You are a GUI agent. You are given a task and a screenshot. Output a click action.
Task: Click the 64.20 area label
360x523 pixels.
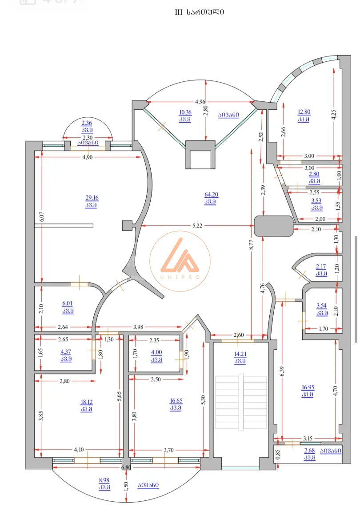[211, 195]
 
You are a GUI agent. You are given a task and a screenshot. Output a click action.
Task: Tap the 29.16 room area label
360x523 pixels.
[92, 198]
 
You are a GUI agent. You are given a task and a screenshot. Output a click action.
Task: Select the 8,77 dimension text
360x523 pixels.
[252, 244]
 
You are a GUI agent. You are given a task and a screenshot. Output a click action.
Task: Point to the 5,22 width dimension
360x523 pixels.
[197, 225]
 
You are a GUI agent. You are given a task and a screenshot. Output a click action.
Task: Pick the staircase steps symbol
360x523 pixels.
[241, 402]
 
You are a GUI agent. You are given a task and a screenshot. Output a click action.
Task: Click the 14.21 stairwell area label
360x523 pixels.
[240, 354]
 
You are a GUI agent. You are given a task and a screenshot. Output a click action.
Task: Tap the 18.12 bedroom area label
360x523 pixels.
[86, 402]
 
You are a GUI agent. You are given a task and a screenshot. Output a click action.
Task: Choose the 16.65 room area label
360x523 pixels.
[176, 401]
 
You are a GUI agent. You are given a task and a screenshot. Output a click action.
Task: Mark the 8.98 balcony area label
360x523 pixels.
[104, 480]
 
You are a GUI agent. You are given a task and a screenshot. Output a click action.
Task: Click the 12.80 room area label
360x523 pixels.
[304, 112]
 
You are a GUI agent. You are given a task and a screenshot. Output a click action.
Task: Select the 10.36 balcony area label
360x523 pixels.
[185, 112]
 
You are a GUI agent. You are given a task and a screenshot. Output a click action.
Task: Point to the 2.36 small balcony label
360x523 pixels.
[87, 123]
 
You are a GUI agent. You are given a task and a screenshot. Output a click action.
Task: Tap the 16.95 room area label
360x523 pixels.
[308, 387]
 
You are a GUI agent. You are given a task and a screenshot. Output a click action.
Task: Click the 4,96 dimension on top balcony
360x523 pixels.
[200, 101]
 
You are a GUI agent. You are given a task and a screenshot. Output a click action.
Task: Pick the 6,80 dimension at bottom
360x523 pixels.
[126, 467]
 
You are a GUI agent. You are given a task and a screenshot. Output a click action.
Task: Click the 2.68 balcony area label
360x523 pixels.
[309, 451]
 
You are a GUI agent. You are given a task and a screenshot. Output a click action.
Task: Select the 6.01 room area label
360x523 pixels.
[68, 303]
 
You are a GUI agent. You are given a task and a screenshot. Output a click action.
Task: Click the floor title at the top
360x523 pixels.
[200, 12]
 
